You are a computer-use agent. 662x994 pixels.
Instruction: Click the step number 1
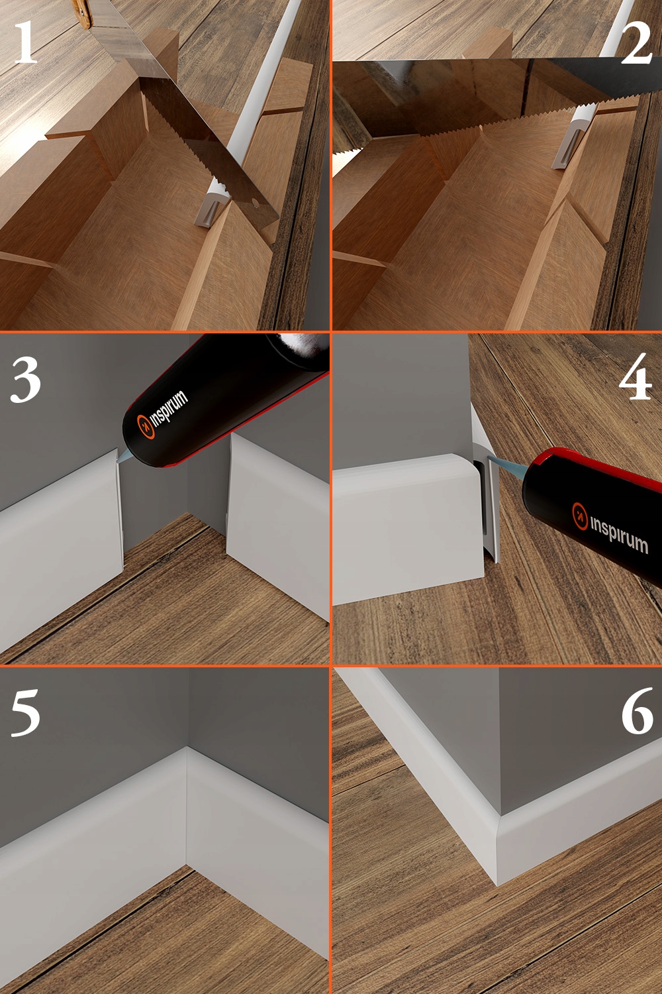tap(25, 42)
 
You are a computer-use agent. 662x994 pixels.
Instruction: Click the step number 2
tap(636, 44)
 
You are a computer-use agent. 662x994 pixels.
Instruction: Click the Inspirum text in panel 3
tap(169, 408)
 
